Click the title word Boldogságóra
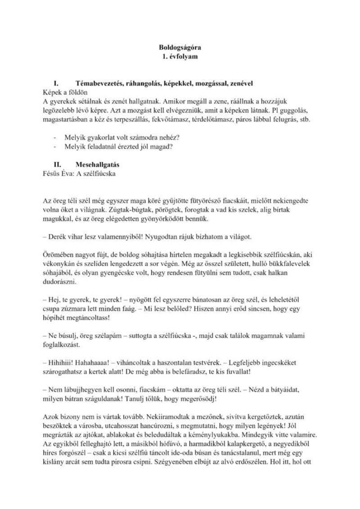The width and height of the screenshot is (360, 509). click(x=180, y=46)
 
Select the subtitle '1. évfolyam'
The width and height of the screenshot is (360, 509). click(x=180, y=56)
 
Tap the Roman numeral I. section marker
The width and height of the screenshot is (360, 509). click(x=57, y=83)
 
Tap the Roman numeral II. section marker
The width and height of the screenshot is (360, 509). click(x=57, y=165)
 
